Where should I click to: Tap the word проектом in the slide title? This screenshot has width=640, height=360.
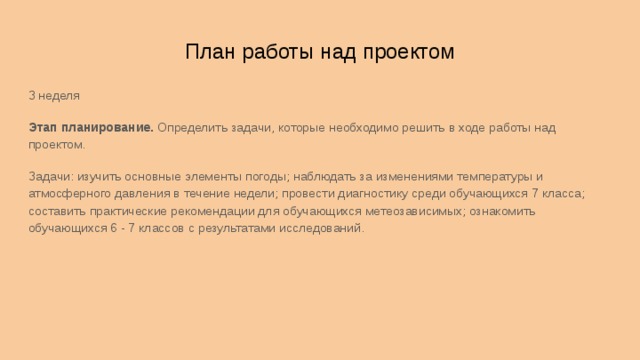point(413,52)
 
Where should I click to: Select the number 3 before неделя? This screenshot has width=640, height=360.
point(31,96)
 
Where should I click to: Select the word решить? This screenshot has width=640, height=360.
point(420,128)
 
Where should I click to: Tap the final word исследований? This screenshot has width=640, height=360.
point(323,228)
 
